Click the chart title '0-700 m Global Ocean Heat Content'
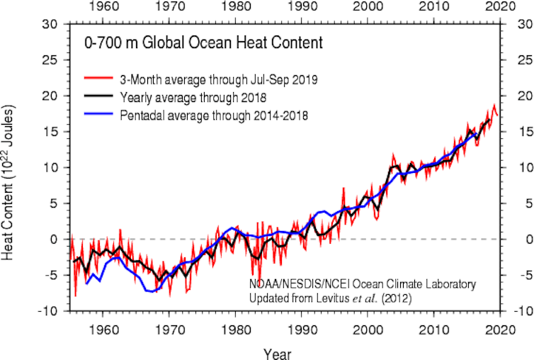tap(203, 43)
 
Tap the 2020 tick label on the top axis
tap(501, 9)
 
